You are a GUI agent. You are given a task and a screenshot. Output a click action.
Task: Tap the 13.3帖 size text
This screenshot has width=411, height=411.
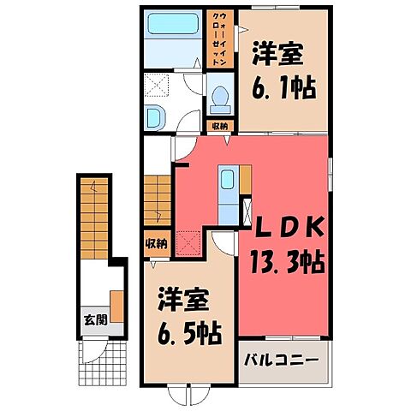(x=286, y=261)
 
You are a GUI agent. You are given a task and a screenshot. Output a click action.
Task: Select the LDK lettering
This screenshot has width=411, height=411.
(x=286, y=227)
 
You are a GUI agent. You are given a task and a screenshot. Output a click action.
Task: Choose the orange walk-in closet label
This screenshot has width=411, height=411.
(x=219, y=40)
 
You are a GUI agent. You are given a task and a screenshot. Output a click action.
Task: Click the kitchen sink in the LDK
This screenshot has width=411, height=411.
(x=227, y=182)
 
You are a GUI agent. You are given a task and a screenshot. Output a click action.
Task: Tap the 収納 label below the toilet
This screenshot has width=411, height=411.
(x=220, y=126)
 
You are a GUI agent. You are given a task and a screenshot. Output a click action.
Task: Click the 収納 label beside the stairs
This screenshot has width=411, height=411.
(x=155, y=242)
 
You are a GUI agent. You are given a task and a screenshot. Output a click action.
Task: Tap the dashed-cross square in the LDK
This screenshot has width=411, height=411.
(x=188, y=243)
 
